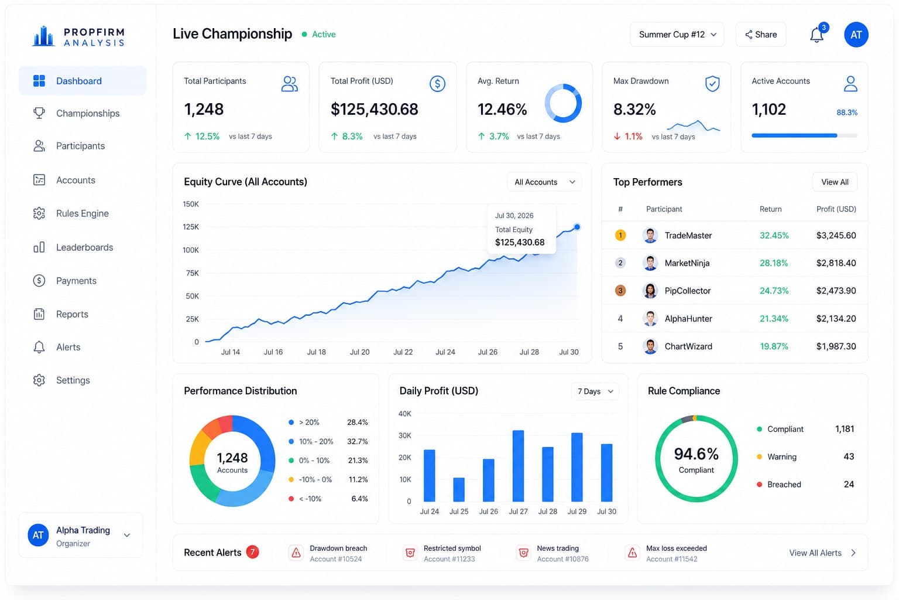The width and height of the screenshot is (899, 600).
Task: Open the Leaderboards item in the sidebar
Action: click(x=73, y=247)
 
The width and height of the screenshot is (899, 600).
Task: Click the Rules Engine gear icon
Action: click(x=39, y=213)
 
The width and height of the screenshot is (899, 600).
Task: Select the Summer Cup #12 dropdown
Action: click(x=677, y=35)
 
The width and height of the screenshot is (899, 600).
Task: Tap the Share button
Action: click(x=760, y=35)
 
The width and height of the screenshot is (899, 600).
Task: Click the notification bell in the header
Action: click(x=816, y=35)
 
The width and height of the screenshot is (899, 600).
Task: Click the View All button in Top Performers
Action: click(x=835, y=182)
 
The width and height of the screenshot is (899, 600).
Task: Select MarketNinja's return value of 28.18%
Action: click(x=774, y=263)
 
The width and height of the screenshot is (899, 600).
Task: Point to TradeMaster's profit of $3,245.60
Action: click(x=836, y=235)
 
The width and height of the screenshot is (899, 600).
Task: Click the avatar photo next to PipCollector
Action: click(x=650, y=291)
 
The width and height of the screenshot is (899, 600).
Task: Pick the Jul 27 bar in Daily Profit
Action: click(x=518, y=466)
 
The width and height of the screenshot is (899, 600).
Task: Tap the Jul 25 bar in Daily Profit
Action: click(x=459, y=489)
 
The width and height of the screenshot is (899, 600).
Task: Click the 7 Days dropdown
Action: click(x=595, y=391)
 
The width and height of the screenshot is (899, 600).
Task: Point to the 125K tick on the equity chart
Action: click(x=191, y=227)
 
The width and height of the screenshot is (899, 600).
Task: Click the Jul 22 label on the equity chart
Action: click(x=403, y=352)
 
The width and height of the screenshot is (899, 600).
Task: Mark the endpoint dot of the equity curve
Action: click(x=577, y=227)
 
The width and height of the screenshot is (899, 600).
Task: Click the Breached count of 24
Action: click(x=849, y=484)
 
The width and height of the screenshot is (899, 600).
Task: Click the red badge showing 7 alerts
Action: click(x=252, y=552)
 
